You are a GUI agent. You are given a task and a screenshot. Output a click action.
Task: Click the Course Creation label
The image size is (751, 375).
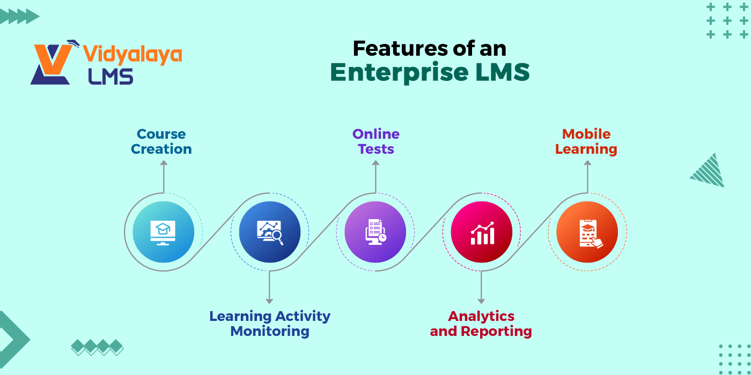coord(161,141)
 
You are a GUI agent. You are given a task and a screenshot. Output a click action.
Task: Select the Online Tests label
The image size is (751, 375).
coord(376,141)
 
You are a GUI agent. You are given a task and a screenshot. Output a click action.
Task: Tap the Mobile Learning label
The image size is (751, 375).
coord(586,141)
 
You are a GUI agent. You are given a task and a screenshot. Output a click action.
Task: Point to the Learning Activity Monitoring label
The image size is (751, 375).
coord(270,324)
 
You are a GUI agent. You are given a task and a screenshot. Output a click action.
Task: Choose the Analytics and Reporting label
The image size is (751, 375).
coord(481,324)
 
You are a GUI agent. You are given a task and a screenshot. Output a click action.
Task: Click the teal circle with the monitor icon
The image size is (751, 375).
coord(163,231)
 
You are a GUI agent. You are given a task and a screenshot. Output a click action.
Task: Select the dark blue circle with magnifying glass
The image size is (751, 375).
coord(269,231)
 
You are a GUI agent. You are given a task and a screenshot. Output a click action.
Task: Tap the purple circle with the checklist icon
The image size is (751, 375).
coord(375,231)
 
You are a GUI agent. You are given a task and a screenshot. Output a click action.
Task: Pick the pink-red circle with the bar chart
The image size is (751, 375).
coord(482,231)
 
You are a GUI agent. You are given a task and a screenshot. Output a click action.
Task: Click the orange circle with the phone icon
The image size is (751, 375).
coord(587,231)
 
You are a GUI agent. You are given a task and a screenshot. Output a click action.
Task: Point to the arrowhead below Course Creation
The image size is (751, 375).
coord(164,163)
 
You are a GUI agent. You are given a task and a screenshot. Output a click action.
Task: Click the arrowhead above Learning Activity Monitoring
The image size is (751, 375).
coord(269,301)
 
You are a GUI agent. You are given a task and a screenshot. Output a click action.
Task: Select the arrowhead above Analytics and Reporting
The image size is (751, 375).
coord(481,301)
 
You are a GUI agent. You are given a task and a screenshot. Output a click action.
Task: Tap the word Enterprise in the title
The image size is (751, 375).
coord(399,72)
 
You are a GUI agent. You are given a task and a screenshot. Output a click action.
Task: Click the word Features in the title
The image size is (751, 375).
coord(400,49)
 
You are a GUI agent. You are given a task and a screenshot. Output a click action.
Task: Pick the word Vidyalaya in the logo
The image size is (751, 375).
coord(132,55)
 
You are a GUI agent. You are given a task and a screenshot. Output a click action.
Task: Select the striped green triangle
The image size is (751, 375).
coord(709,171)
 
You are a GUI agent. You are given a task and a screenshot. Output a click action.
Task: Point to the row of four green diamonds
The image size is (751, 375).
coord(97,347)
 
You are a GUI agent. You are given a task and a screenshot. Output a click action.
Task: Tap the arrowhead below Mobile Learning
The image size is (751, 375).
coord(587,163)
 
